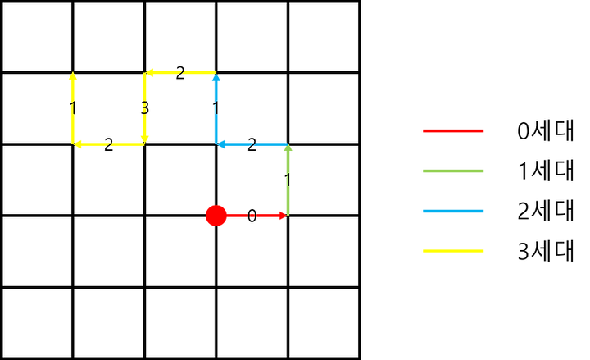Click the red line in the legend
tap(453, 130)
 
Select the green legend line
tap(453, 171)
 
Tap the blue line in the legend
tap(453, 211)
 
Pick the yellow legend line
tap(453, 251)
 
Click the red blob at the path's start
tap(216, 215)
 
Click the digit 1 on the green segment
tap(287, 180)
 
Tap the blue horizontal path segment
tap(254, 144)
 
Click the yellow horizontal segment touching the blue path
tap(180, 72)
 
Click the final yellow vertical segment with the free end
tap(73, 111)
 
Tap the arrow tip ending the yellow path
tap(73, 76)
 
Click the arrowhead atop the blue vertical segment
tap(216, 80)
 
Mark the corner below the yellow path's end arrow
tap(75, 144)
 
